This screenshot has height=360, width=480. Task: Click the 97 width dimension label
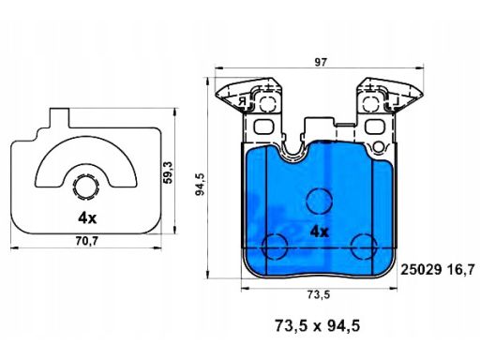[x=321, y=63]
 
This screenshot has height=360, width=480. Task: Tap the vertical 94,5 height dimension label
[x=200, y=184]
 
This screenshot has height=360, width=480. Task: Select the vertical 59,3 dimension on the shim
[x=168, y=172]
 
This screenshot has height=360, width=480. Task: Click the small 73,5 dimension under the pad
[x=319, y=294]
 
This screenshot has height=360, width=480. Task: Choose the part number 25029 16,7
[x=438, y=269]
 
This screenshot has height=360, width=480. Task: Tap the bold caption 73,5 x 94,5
[x=317, y=325]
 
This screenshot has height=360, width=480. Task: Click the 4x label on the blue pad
[x=320, y=232]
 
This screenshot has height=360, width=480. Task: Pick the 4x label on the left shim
[x=87, y=218]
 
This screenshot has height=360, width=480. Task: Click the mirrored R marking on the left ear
[x=243, y=101]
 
